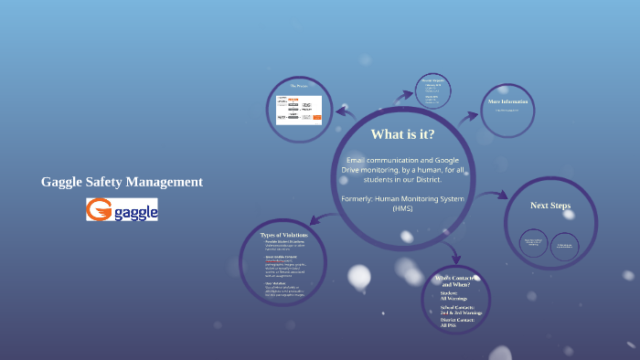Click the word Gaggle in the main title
point(64,182)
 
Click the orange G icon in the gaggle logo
point(99,210)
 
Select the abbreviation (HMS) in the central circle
point(402,208)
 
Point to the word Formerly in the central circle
point(357,198)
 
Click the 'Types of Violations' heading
point(284,236)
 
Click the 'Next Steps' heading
point(550,206)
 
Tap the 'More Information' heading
point(508,101)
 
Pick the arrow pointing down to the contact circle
point(454,258)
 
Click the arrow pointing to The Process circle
point(345,111)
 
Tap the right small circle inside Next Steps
point(564,245)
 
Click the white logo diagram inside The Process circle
point(300,108)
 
